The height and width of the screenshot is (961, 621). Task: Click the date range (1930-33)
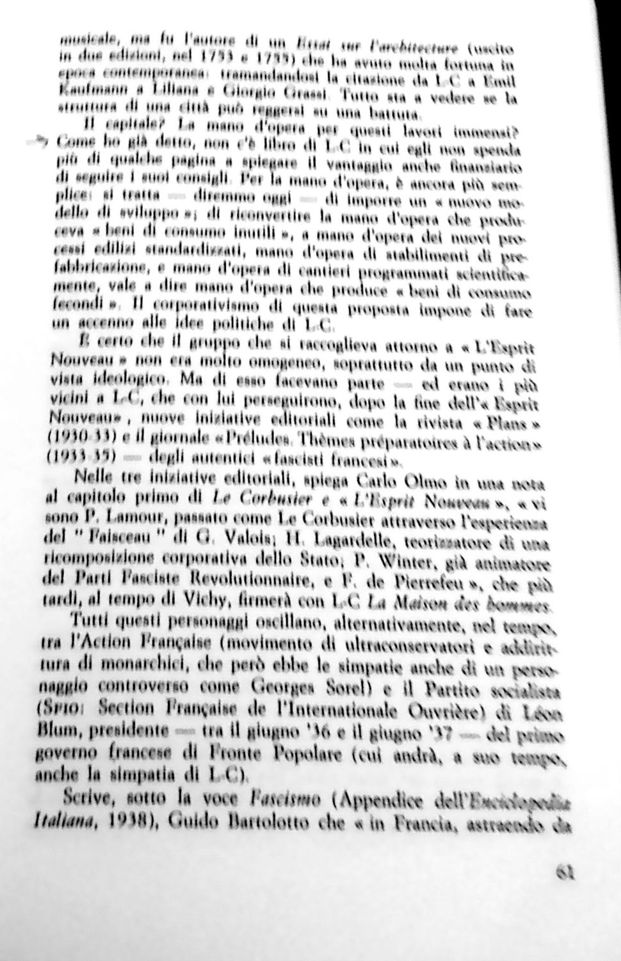coord(80,440)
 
